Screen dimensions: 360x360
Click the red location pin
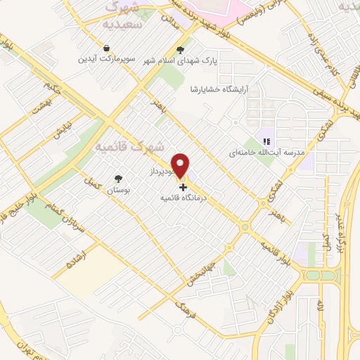[181, 165]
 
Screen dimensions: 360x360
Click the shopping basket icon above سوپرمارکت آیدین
[105, 49]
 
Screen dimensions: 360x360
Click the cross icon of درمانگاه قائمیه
[184, 187]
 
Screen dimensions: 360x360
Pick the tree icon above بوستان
[118, 179]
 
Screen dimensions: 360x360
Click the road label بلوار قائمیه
[276, 255]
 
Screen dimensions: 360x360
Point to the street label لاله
[320, 307]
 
